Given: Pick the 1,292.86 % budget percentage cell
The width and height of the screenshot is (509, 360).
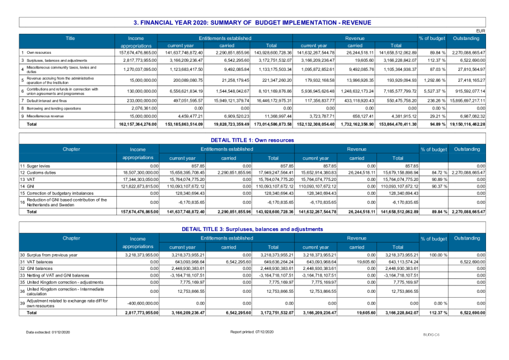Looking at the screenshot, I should (433, 80).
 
